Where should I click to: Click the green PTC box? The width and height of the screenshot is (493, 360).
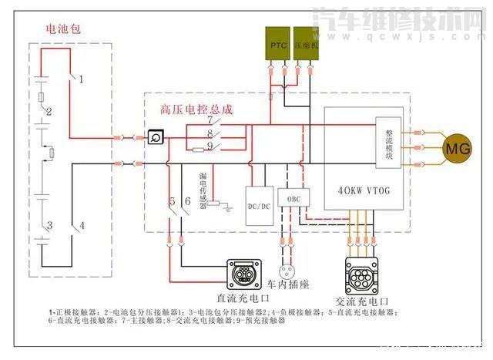[x=278, y=46]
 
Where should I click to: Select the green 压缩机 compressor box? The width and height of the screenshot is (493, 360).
[x=305, y=46]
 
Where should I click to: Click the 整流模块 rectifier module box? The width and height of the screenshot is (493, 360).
[x=388, y=143]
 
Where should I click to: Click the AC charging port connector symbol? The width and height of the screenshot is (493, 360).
[x=362, y=274]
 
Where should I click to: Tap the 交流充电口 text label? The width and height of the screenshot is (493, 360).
[x=363, y=301]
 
